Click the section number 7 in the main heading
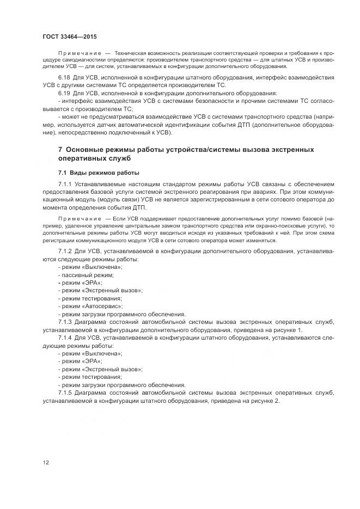60,150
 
